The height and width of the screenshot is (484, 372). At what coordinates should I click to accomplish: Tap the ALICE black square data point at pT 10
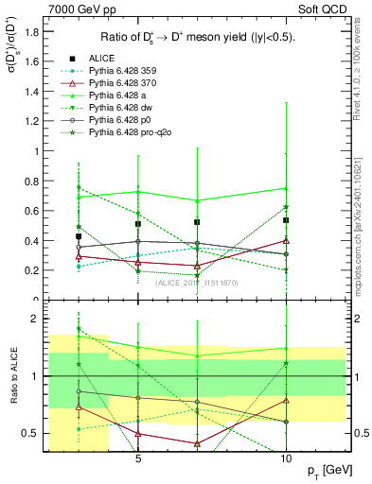click(286, 220)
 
